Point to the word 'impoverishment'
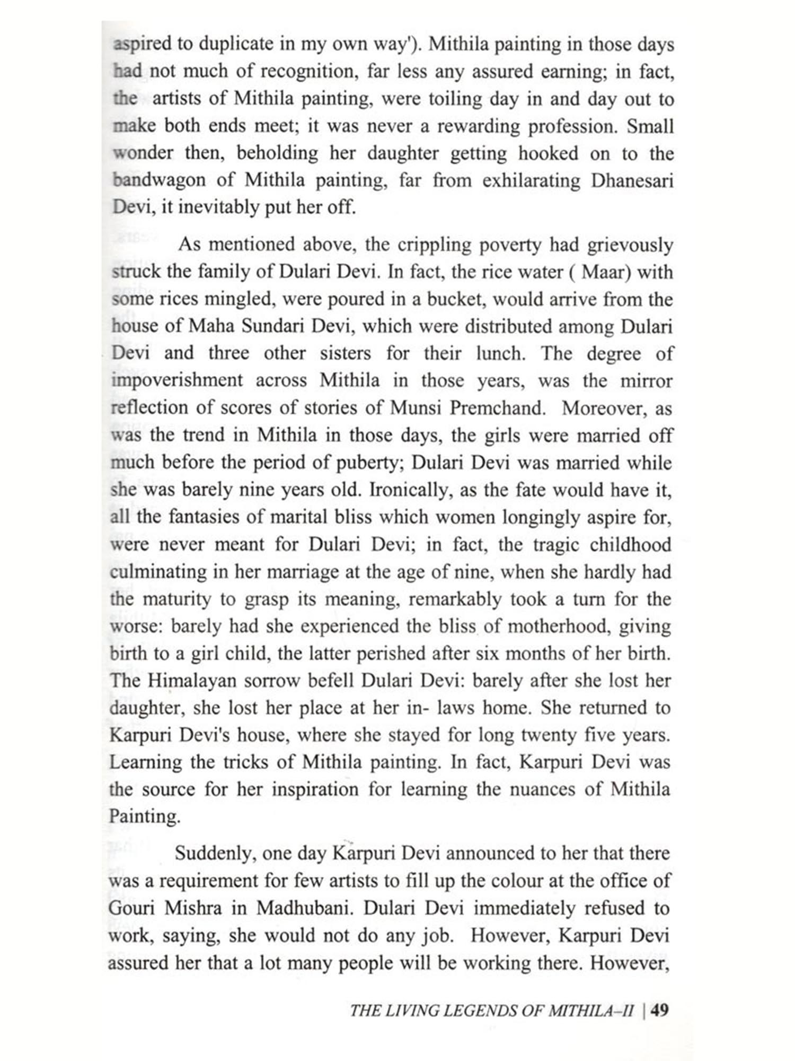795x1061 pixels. pyautogui.click(x=177, y=380)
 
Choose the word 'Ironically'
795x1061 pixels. pyautogui.click(x=407, y=490)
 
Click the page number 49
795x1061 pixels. pyautogui.click(x=660, y=1010)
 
